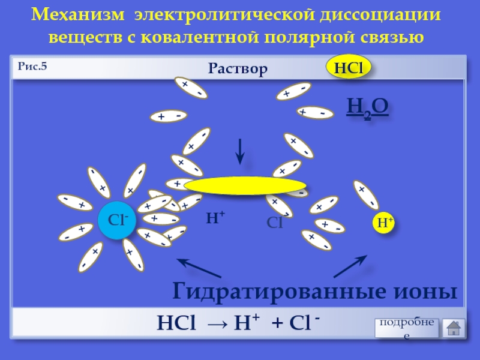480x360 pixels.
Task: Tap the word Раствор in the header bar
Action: coord(238,69)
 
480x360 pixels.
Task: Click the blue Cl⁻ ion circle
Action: coord(117,221)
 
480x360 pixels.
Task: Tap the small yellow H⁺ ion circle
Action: coord(385,223)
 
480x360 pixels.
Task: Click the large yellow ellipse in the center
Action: coord(245,186)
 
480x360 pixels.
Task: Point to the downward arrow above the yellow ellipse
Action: coord(239,152)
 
